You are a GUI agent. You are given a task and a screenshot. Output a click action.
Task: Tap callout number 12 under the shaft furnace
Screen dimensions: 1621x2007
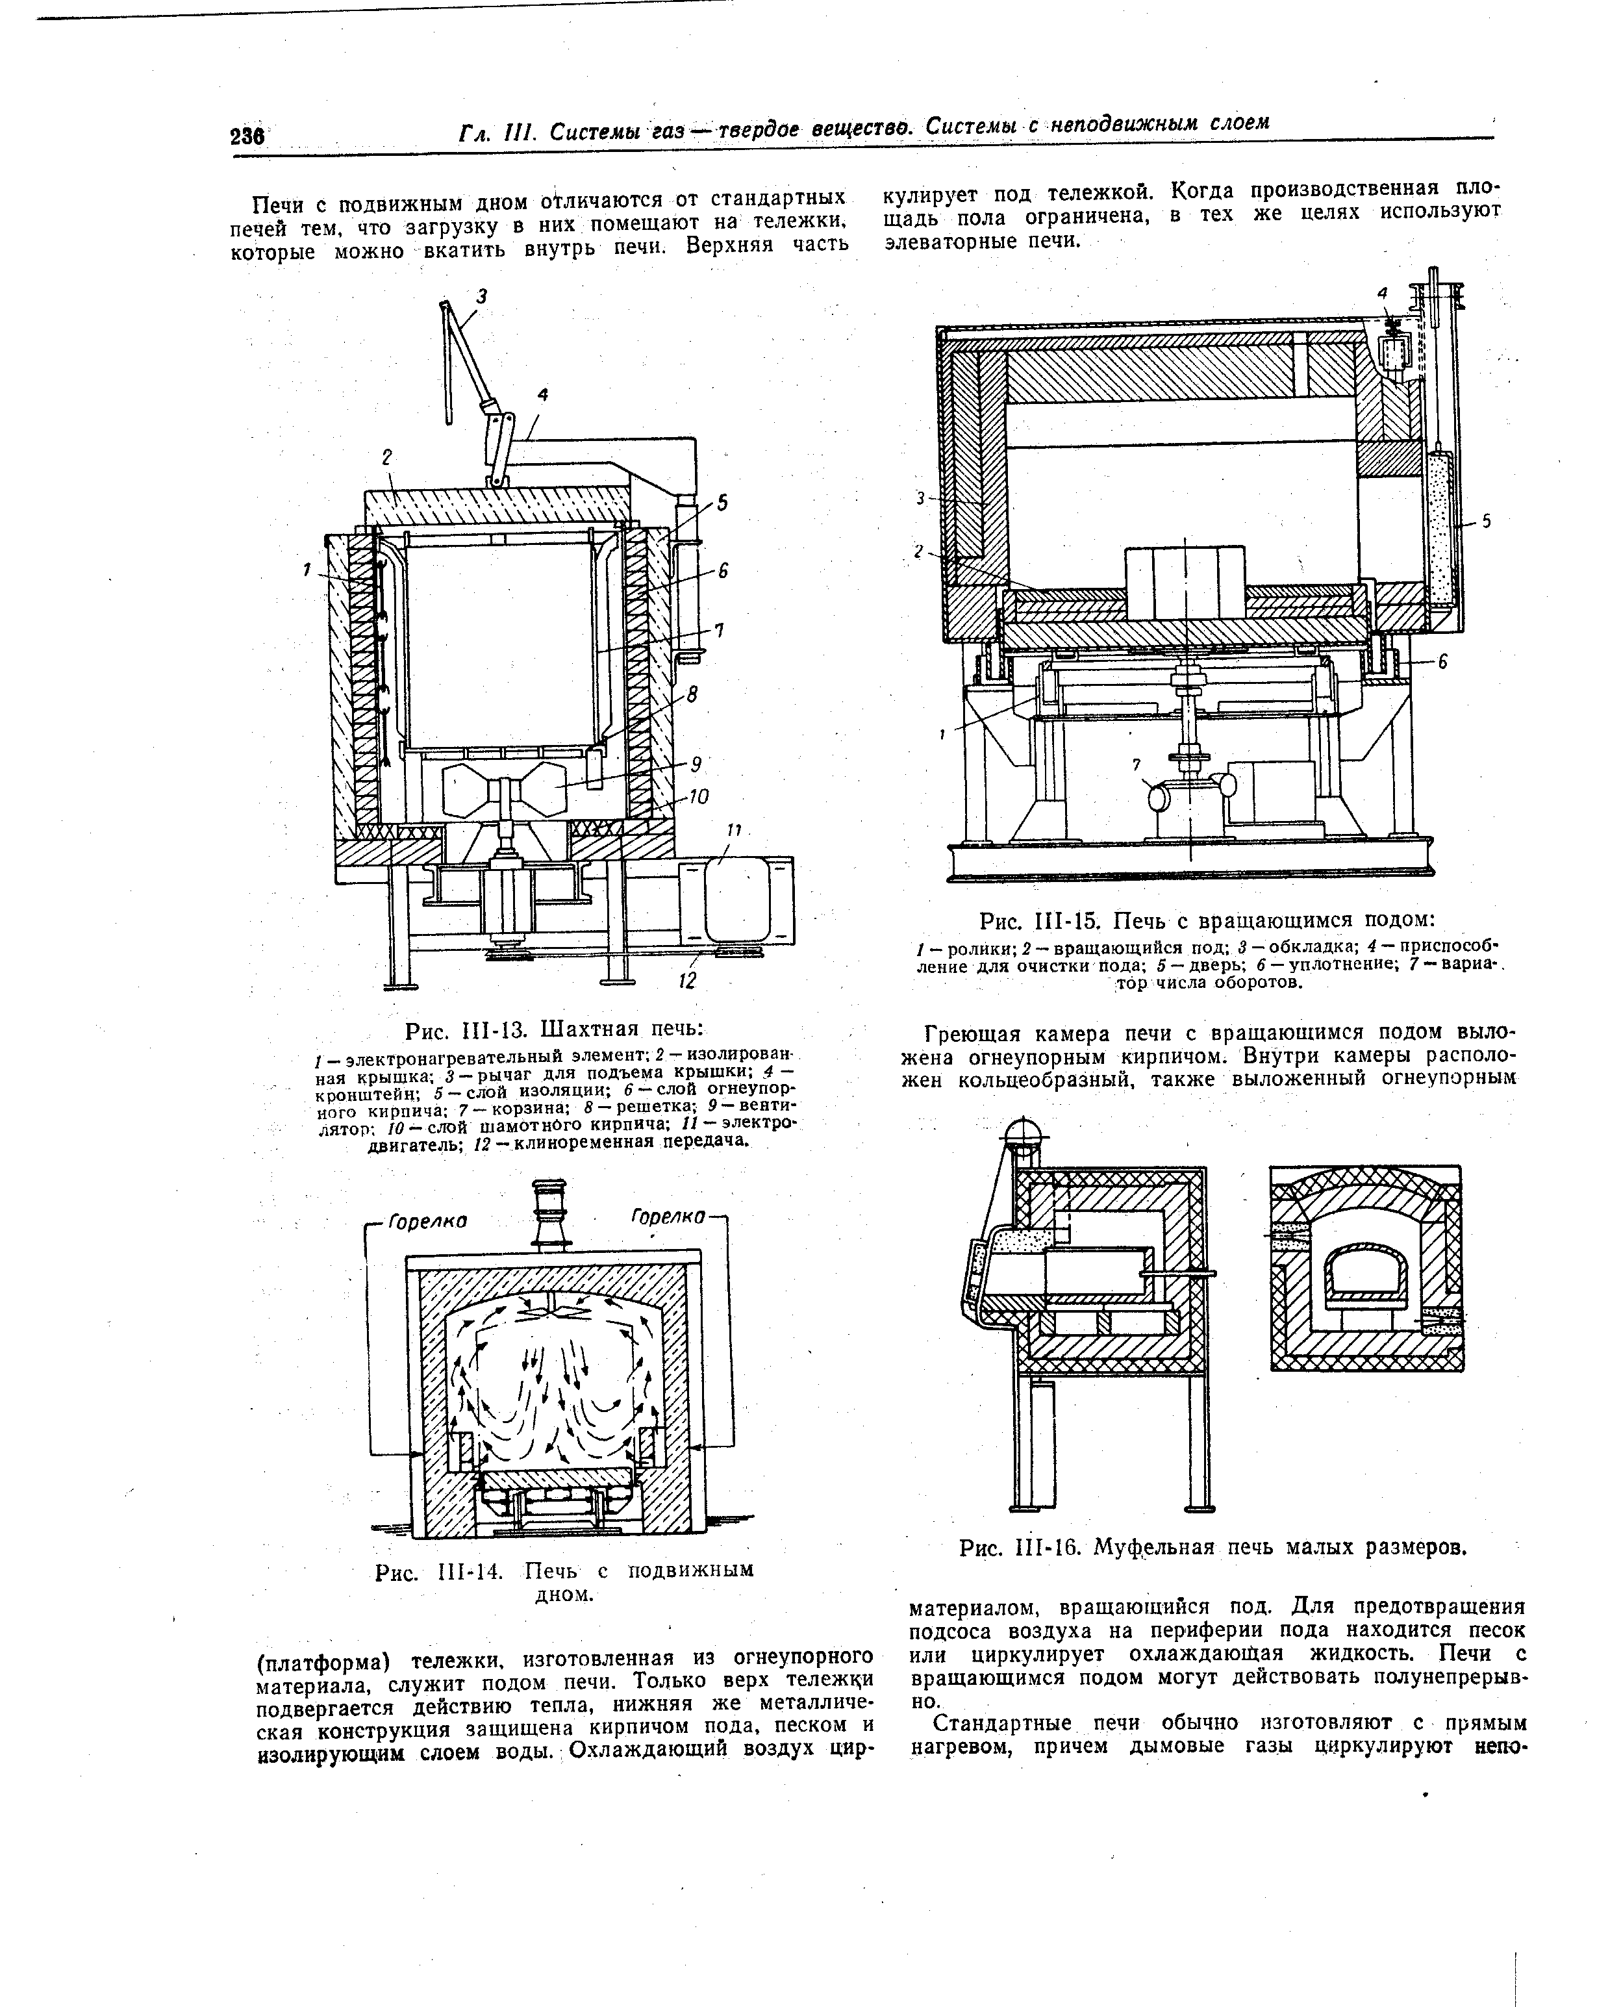click(687, 981)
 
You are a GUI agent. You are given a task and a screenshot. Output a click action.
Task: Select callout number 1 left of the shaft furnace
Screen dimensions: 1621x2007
click(307, 569)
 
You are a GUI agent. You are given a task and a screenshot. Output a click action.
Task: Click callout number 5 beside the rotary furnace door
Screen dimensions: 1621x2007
click(1487, 522)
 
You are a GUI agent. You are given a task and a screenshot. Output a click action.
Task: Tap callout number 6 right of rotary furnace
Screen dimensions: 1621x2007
click(1442, 661)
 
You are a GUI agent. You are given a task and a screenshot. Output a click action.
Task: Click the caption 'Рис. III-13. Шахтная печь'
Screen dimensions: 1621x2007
click(554, 1030)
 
